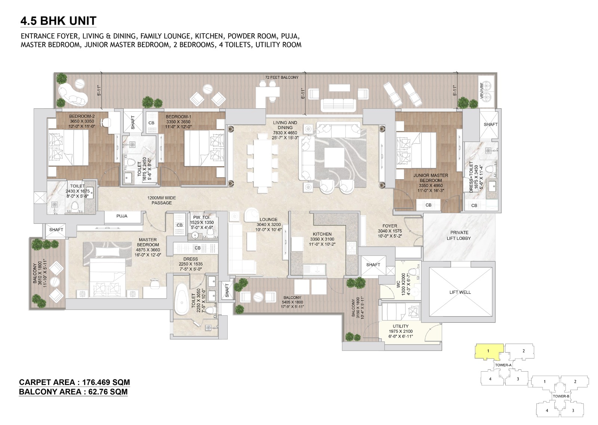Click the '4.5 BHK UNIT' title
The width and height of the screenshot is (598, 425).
tap(58, 21)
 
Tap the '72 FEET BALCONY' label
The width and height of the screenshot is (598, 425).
tap(282, 77)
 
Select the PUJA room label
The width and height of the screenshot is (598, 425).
tap(122, 216)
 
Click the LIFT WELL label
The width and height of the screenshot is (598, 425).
tap(460, 292)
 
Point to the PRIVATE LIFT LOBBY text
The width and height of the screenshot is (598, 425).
tap(459, 235)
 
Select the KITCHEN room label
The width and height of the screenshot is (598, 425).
tap(322, 234)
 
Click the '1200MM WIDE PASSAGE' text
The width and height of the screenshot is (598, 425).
tap(161, 200)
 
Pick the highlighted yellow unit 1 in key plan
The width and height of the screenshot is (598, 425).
tap(488, 351)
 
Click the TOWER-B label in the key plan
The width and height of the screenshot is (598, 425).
tap(561, 396)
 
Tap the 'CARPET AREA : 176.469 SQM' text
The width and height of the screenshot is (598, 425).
tap(74, 382)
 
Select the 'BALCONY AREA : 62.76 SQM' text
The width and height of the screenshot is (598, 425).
tap(73, 392)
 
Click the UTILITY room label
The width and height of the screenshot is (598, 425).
tap(400, 326)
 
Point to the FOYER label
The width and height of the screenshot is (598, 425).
tap(389, 226)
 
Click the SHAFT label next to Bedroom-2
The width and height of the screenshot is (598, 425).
tap(133, 122)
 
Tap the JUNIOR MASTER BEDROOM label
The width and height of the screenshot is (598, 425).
tap(430, 178)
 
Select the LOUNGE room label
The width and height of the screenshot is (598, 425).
tap(268, 220)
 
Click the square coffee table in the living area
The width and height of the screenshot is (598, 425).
tap(334, 158)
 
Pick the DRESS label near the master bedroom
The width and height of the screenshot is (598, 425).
tap(191, 259)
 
